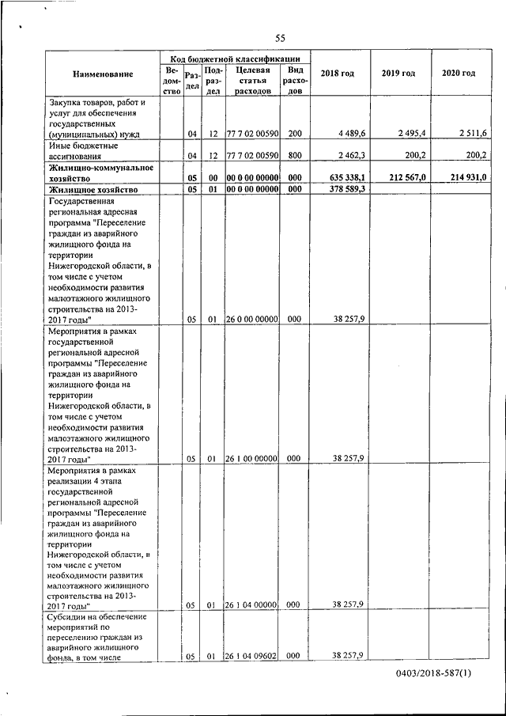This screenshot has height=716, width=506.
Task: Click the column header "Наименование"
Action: point(103,74)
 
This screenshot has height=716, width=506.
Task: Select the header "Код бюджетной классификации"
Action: point(236,59)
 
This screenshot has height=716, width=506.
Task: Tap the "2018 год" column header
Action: point(337,74)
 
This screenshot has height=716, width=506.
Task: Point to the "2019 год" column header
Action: point(398,74)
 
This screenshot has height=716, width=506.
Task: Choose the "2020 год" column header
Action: point(459,74)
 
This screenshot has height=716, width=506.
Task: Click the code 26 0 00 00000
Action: point(251,320)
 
